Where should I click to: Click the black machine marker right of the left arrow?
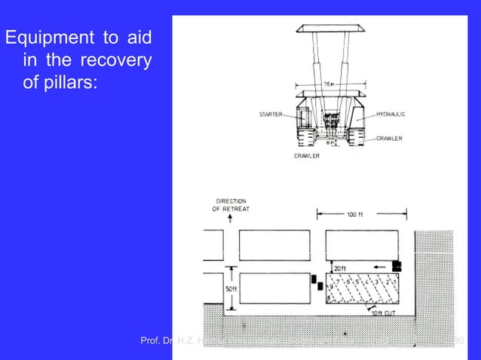tap(397, 265)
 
